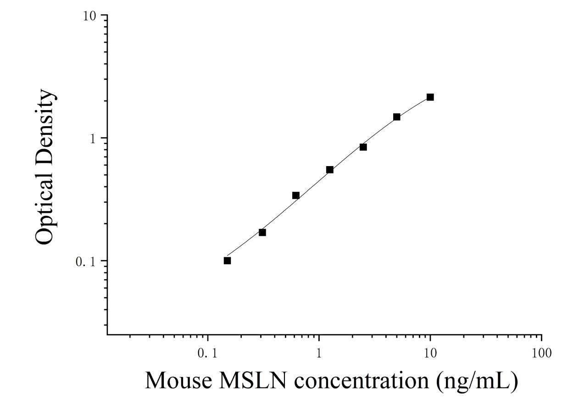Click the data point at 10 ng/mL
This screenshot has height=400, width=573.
pos(430,97)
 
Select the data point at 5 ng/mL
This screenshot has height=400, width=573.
pos(397,117)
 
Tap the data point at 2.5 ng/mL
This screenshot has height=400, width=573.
pos(363,147)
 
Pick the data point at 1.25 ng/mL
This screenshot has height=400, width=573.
pos(330,170)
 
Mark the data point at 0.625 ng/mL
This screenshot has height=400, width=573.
pos(296,196)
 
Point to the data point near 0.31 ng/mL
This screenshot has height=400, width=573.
pos(262,233)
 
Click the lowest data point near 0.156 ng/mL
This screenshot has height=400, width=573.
pos(227,261)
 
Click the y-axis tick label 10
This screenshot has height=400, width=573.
pos(89,17)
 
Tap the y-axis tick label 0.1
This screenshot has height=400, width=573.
pos(85,261)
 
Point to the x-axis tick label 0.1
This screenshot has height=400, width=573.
pos(207,354)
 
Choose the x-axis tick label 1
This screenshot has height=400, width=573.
pos(319,354)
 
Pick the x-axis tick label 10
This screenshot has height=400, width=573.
pos(430,354)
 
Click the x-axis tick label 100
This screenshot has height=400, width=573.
pos(541,354)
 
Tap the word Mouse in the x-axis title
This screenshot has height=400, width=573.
pos(179,381)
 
